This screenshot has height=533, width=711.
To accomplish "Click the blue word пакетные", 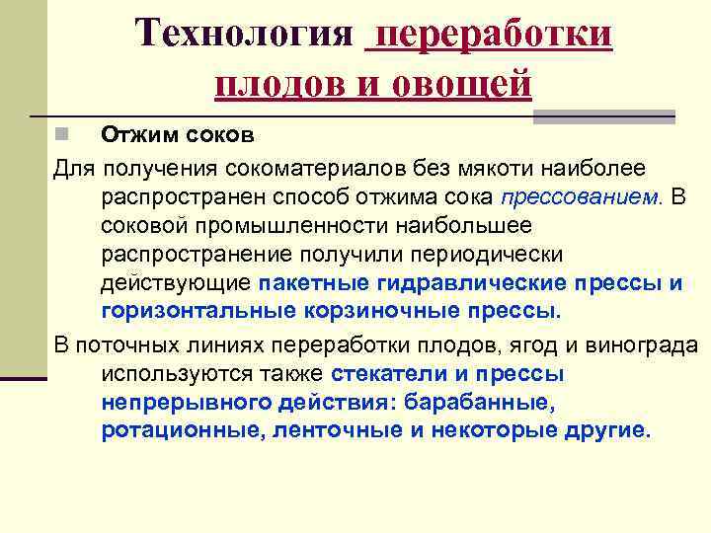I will point(313,284).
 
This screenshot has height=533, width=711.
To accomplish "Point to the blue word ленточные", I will point(328,432).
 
